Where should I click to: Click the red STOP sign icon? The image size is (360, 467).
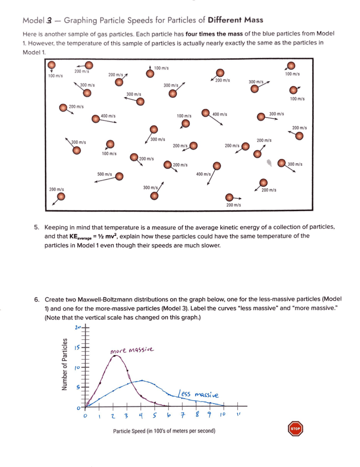(x=295, y=429)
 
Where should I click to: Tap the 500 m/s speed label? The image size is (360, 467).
(x=104, y=174)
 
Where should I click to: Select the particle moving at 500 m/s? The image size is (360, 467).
(x=120, y=176)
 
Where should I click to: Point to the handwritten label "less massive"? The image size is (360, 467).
(x=198, y=394)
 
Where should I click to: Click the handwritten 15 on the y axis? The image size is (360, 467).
(x=78, y=348)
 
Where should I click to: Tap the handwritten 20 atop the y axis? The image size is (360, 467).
(x=77, y=327)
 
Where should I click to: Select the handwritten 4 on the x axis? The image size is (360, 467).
(x=141, y=416)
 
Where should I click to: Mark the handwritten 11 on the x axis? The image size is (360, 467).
(x=237, y=415)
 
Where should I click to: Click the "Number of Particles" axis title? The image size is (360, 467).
(x=65, y=364)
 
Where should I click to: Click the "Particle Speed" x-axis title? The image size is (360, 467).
(x=164, y=431)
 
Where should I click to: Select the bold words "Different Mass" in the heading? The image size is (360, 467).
(x=235, y=20)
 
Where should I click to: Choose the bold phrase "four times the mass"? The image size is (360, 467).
(x=212, y=34)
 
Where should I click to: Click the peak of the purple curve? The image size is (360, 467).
(x=116, y=356)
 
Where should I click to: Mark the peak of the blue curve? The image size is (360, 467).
(x=142, y=380)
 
